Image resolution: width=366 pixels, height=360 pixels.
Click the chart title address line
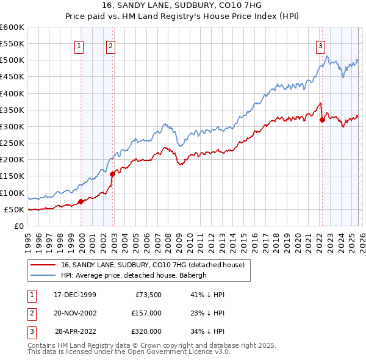tap(182, 5)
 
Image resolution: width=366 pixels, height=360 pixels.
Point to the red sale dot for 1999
tap(81, 202)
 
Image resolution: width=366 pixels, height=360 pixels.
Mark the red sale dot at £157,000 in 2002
tap(113, 174)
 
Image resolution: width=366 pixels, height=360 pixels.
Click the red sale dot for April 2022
tap(322, 120)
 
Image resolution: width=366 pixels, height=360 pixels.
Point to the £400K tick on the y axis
tap(12, 93)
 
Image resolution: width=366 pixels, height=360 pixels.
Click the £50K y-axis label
tap(13, 209)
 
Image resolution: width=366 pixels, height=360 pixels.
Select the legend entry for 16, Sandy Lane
tap(152, 265)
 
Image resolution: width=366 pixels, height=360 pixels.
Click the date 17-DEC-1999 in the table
tap(74, 295)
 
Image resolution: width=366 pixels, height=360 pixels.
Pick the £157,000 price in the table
tap(146, 313)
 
